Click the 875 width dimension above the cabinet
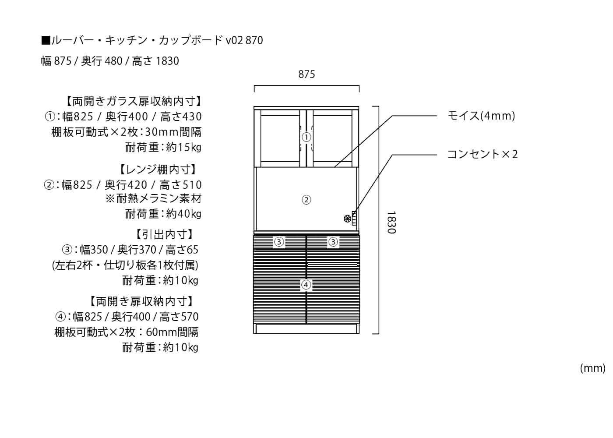[x=306, y=74]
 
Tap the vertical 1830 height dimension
[x=391, y=223]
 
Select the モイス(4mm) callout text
[x=481, y=116]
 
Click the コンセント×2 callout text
[x=483, y=154]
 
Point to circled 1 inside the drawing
[x=306, y=137]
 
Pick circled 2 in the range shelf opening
[x=306, y=200]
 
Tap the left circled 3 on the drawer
[x=279, y=242]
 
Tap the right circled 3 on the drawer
[x=333, y=242]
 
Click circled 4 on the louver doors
[x=306, y=285]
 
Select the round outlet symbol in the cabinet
[x=347, y=219]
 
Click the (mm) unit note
[x=593, y=368]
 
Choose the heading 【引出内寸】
[x=165, y=235]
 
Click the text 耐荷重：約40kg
[x=163, y=214]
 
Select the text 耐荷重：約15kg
[x=163, y=148]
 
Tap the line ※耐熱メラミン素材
[x=154, y=199]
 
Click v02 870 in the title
[x=244, y=40]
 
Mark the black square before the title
[x=46, y=40]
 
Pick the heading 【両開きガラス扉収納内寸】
[x=134, y=102]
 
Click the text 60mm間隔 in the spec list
[x=172, y=332]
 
